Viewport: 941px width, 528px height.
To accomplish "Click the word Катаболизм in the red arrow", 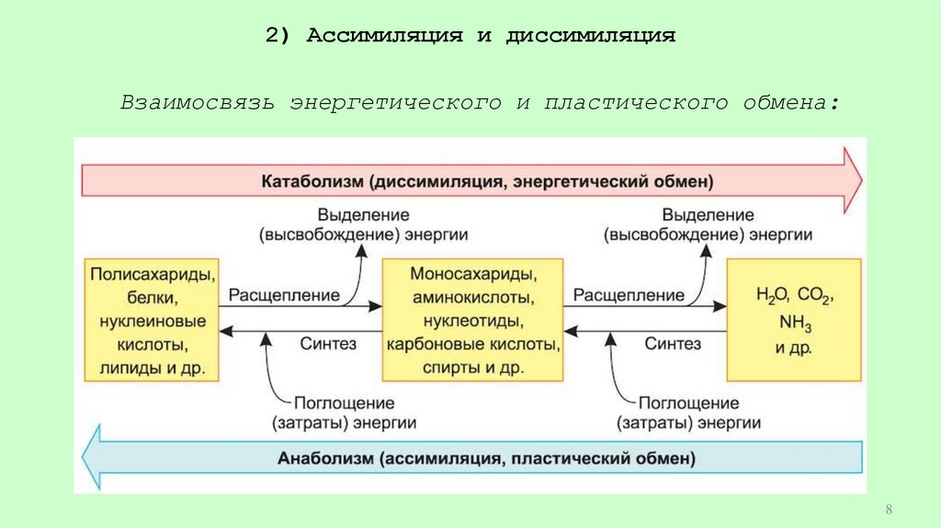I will pyautogui.click(x=313, y=179).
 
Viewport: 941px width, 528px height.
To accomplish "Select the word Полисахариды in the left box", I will pyautogui.click(x=154, y=275).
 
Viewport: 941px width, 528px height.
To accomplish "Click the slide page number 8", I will pyautogui.click(x=889, y=510).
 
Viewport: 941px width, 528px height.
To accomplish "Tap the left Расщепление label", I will pyautogui.click(x=284, y=295).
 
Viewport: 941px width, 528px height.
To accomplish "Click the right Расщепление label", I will pyautogui.click(x=629, y=295).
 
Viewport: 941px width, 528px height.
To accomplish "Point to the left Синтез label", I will pyautogui.click(x=327, y=343).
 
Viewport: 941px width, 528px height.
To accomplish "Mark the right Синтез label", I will pyautogui.click(x=673, y=343).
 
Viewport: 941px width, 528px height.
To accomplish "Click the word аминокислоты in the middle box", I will pyautogui.click(x=474, y=298).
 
